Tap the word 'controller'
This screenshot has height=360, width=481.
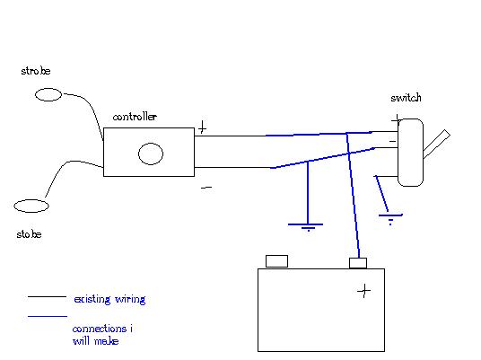(135, 117)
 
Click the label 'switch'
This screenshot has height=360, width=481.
(406, 98)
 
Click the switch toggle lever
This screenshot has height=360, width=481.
(437, 144)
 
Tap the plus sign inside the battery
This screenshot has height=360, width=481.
(364, 290)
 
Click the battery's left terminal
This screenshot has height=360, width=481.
(276, 261)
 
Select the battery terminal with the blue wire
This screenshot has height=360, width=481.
(358, 263)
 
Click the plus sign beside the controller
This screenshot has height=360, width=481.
(202, 127)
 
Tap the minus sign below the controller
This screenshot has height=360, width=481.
(206, 188)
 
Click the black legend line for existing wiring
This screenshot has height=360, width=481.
(47, 297)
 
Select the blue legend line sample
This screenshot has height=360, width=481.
(48, 316)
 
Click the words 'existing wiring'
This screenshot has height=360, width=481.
(109, 299)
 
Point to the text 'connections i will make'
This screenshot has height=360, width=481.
(102, 335)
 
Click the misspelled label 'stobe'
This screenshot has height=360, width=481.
(29, 234)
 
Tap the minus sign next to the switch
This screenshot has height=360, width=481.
(392, 141)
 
